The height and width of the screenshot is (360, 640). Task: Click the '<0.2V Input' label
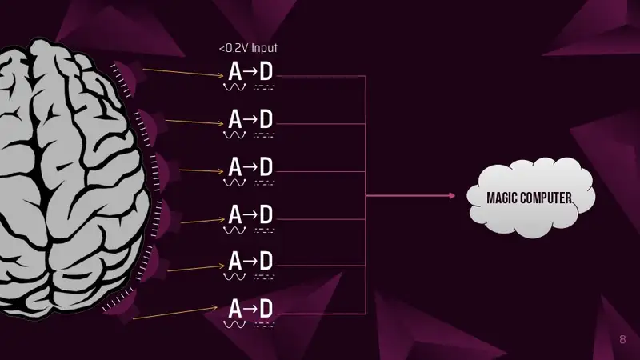(248, 48)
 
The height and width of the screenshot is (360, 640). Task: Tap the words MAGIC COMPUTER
(529, 198)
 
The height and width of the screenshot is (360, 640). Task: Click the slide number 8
(622, 339)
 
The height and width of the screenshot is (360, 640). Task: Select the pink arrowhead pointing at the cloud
(452, 196)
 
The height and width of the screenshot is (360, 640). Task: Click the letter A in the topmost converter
(234, 71)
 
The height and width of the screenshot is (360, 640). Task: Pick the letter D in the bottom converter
(266, 309)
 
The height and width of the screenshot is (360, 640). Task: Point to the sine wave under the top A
(234, 87)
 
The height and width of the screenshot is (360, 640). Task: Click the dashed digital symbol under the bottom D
(265, 325)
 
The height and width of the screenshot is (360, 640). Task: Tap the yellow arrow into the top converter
(183, 73)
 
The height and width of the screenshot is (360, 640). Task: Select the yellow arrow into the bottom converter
(175, 313)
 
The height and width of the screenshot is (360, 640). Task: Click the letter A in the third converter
(234, 167)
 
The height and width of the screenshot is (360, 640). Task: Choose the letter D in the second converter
(266, 119)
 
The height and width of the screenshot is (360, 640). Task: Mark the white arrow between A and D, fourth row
(251, 214)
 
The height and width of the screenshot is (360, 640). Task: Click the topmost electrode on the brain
(126, 78)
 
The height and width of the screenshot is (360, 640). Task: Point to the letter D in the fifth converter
(266, 261)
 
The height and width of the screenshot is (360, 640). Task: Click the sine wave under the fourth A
(234, 230)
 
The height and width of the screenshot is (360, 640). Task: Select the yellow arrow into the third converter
(202, 170)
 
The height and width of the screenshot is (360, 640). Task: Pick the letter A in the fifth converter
(234, 261)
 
